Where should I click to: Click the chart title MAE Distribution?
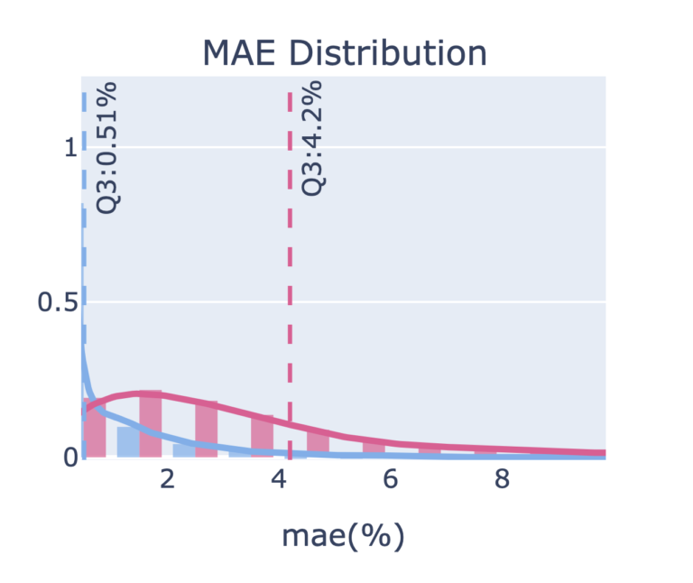click(x=346, y=52)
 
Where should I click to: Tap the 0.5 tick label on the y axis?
click(x=56, y=302)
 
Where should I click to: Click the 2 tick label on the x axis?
click(x=167, y=479)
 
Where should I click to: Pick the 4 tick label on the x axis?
click(x=279, y=479)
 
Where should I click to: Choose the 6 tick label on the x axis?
click(x=391, y=479)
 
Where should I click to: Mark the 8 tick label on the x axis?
click(x=503, y=479)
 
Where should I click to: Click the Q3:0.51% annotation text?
click(x=108, y=149)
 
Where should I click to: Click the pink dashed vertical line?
click(x=290, y=271)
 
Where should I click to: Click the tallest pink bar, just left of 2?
click(x=151, y=424)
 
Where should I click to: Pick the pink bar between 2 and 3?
click(x=207, y=430)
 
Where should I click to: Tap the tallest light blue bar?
click(x=128, y=441)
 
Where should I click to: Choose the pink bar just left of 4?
click(x=263, y=436)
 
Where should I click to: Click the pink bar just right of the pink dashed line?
click(x=318, y=442)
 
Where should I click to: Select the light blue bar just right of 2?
click(x=184, y=449)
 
